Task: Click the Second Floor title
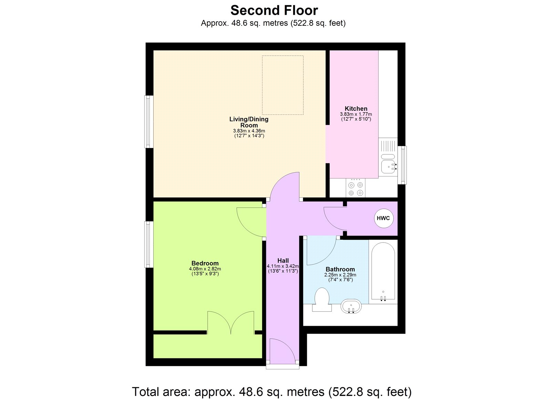274,10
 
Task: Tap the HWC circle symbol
383,218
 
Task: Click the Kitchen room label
356,109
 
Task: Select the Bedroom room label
205,263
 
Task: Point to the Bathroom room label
340,269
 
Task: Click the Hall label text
283,261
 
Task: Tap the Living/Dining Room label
249,122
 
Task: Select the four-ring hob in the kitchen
355,188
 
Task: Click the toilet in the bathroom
322,299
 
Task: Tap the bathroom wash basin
351,306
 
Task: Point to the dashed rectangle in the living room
283,85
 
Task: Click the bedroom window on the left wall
148,244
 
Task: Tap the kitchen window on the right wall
402,165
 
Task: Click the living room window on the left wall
148,121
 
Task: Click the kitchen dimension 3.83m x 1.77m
356,114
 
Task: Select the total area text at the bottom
272,392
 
